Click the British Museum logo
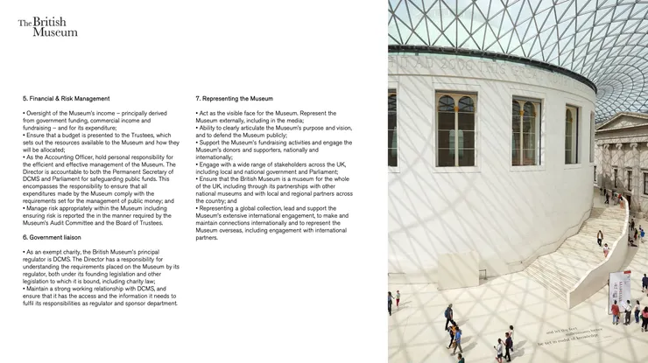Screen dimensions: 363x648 pos(48,26)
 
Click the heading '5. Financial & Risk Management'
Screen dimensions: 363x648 pos(66,99)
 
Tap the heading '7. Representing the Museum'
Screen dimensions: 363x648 pos(235,99)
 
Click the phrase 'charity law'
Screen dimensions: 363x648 pos(149,281)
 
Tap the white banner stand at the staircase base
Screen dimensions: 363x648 pos(619,289)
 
